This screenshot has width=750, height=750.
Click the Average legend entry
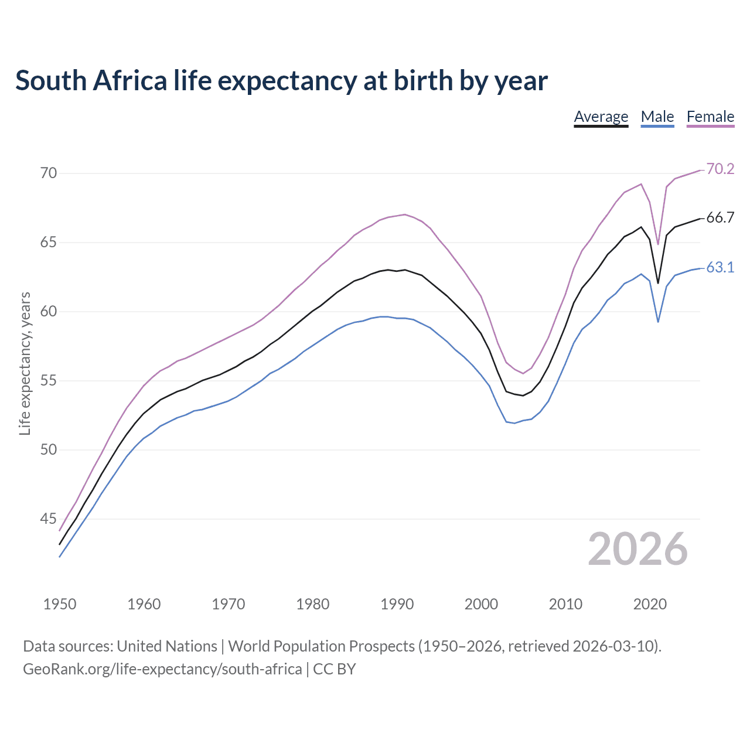pyautogui.click(x=601, y=117)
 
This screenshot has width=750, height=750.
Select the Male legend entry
pyautogui.click(x=657, y=117)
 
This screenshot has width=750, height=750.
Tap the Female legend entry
pyautogui.click(x=710, y=117)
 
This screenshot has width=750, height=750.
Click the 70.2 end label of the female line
pyautogui.click(x=720, y=169)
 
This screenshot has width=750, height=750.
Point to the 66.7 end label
pyautogui.click(x=720, y=218)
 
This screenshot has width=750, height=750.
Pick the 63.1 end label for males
pyautogui.click(x=720, y=268)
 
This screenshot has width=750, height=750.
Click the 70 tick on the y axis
pyautogui.click(x=49, y=173)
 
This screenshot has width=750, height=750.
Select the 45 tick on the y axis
pyautogui.click(x=49, y=519)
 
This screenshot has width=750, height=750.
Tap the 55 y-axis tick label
pyautogui.click(x=49, y=381)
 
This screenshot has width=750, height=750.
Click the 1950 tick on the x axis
pyautogui.click(x=60, y=604)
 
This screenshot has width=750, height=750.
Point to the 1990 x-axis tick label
pyautogui.click(x=397, y=604)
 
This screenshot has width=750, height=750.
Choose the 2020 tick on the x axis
pyautogui.click(x=650, y=604)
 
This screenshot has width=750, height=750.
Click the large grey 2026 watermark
pyautogui.click(x=637, y=549)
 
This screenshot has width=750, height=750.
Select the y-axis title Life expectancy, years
pyautogui.click(x=25, y=363)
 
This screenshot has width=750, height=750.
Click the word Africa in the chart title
pyautogui.click(x=130, y=81)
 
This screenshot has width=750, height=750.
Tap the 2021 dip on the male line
pyautogui.click(x=658, y=322)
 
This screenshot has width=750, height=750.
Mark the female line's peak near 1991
pyautogui.click(x=405, y=214)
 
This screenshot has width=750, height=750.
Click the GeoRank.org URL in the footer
pyautogui.click(x=162, y=669)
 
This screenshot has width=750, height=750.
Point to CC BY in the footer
pyautogui.click(x=334, y=669)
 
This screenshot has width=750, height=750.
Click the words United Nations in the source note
pyautogui.click(x=167, y=646)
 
